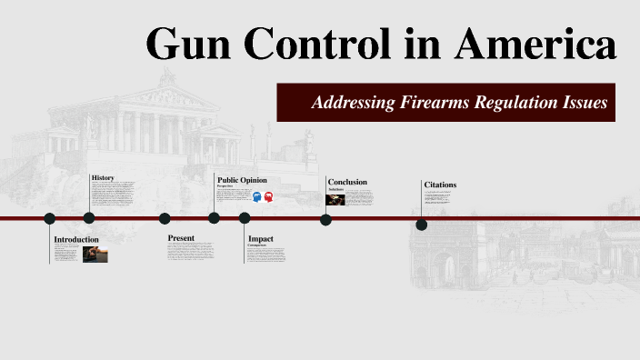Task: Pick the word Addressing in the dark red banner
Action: tap(352, 103)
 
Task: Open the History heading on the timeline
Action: tap(103, 176)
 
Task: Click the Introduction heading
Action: tap(76, 240)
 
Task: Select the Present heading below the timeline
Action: tap(182, 237)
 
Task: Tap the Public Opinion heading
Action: tap(242, 180)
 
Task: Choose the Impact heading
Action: tap(261, 239)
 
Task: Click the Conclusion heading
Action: tap(347, 182)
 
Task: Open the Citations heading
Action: tap(440, 185)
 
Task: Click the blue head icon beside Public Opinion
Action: tap(257, 196)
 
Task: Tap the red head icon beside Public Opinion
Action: tap(269, 196)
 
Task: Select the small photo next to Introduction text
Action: tap(95, 255)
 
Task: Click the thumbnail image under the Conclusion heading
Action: tap(335, 199)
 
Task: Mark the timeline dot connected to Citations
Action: tap(422, 225)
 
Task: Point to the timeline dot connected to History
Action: tap(89, 218)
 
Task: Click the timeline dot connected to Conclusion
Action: tap(325, 218)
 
